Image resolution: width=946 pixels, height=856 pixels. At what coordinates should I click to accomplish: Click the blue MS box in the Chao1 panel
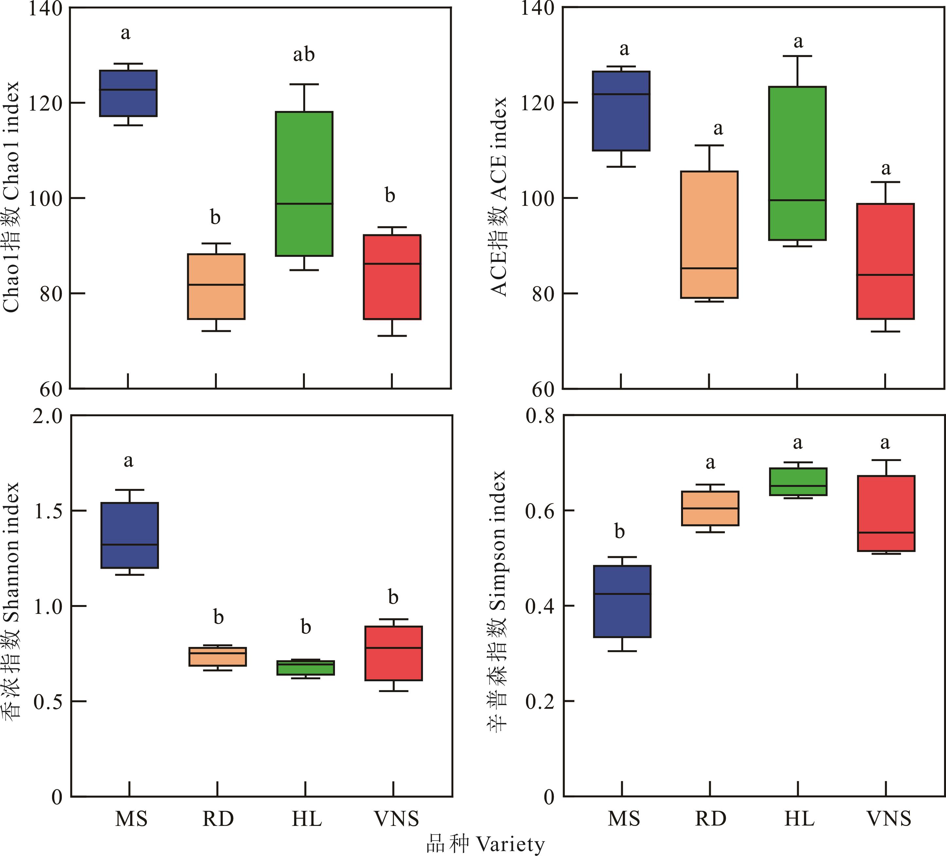128,93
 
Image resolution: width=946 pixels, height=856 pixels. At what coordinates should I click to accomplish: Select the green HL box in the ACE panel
797,163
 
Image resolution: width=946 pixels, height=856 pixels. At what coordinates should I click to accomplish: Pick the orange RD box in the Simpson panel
710,508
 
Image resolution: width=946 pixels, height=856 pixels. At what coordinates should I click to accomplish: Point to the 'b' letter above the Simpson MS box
620,532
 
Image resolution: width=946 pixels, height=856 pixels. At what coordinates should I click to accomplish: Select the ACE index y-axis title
499,197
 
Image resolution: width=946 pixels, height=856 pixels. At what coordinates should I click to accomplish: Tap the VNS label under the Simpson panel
888,819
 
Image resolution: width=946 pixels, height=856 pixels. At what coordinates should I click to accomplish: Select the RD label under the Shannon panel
218,819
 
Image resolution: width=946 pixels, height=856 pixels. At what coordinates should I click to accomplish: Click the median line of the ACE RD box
709,268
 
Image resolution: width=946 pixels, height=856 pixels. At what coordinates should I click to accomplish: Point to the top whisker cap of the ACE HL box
797,56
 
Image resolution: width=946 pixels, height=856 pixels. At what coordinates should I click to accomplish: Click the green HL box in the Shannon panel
306,668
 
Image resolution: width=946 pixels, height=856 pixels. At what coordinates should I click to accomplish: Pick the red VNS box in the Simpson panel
886,513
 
